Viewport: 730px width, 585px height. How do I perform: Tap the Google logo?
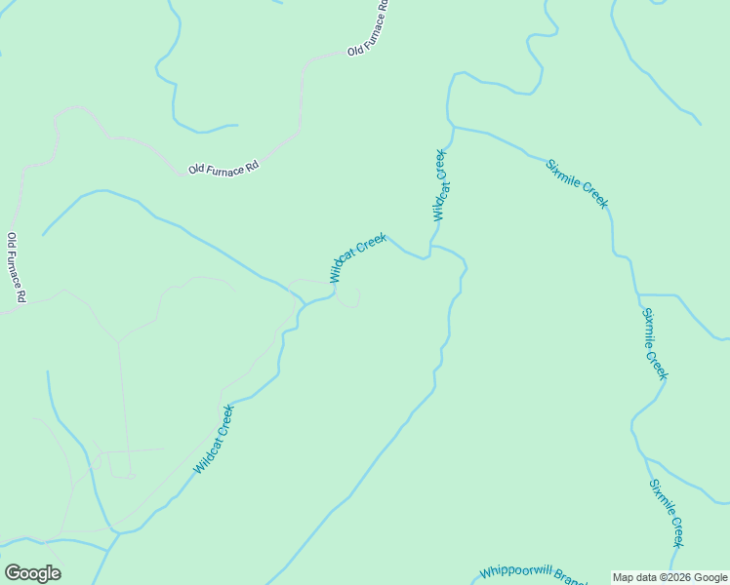[x=32, y=573]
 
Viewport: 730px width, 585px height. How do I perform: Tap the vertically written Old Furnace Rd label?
[x=16, y=266]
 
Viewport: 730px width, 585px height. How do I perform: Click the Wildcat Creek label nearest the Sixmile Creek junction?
[x=440, y=184]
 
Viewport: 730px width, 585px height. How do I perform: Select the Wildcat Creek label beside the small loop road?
[x=358, y=256]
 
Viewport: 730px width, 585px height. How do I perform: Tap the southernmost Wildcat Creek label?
[x=214, y=440]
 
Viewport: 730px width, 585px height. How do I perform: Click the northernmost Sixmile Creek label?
[x=577, y=182]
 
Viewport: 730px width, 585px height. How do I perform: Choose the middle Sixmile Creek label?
[x=654, y=343]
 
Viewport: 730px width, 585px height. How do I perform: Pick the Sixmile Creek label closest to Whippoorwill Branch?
[x=666, y=513]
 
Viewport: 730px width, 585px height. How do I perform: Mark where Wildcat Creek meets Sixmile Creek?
[x=453, y=126]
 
